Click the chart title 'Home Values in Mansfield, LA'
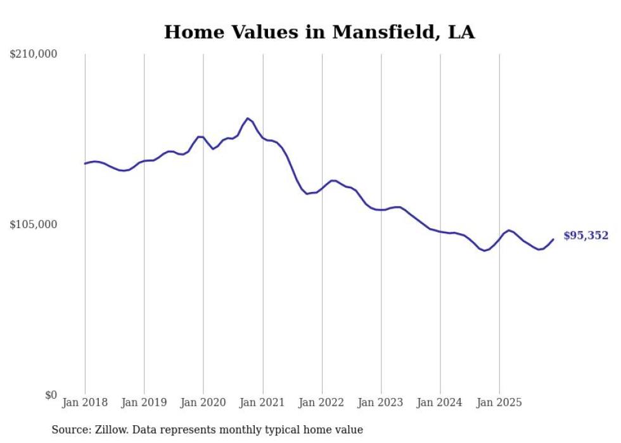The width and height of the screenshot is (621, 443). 319,32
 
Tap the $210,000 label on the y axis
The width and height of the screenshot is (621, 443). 34,55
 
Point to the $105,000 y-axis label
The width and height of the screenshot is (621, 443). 34,224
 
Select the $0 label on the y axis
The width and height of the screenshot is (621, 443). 51,395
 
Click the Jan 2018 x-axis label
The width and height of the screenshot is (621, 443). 85,403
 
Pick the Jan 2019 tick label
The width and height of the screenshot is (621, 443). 144,403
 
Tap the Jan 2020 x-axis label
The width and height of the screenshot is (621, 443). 203,403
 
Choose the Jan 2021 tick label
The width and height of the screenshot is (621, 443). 262,403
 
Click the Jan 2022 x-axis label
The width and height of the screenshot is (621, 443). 321,403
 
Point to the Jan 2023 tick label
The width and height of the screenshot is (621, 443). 381,403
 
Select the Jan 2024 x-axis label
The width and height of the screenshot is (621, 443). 440,403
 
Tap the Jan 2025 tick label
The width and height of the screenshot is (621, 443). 499,403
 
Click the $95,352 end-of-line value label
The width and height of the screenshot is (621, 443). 586,236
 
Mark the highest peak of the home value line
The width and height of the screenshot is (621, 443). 248,118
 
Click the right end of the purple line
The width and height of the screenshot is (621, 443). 553,239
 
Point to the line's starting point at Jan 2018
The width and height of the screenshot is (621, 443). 85,164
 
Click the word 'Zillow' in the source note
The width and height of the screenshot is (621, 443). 111,430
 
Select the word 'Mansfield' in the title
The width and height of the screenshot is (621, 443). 383,32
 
